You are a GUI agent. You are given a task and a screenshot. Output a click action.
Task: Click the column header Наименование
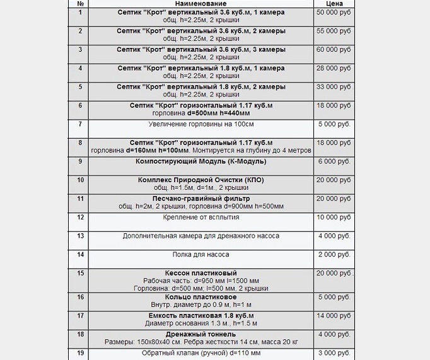point(200,4)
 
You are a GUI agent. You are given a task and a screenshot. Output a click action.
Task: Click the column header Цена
point(333,4)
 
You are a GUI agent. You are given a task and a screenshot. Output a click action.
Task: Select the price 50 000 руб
point(334,13)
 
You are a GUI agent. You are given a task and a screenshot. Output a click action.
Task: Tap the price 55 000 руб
point(334,31)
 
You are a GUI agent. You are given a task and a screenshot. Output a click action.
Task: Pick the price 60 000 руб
point(334,49)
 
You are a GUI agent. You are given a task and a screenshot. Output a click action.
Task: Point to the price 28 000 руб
point(334,68)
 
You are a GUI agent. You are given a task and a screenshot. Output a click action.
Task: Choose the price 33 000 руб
point(334,86)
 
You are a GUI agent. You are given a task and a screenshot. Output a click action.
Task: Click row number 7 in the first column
point(80,124)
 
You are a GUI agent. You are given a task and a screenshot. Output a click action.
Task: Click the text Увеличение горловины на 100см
point(200,124)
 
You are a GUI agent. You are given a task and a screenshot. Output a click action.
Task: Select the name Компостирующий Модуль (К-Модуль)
point(200,161)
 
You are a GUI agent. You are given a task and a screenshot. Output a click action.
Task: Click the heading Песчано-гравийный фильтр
point(200,199)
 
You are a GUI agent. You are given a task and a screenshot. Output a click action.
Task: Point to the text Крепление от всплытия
point(200,218)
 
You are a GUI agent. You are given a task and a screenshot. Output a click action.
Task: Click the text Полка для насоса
point(200,255)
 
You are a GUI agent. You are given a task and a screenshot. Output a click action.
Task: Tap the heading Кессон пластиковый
point(200,273)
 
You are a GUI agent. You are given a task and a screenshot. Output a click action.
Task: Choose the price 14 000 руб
point(334,315)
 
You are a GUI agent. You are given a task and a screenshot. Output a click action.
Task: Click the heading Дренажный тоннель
point(200,334)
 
